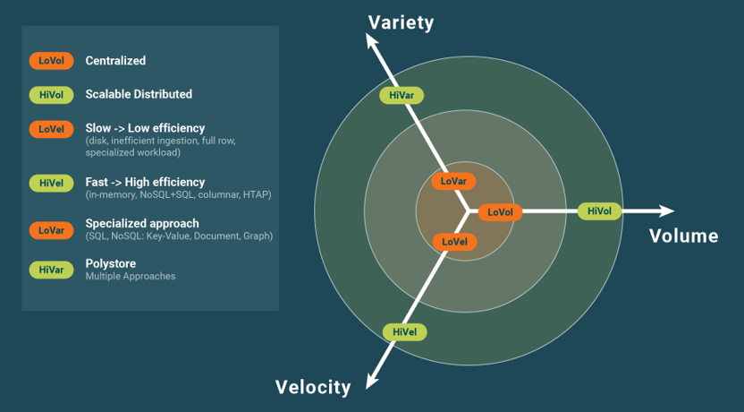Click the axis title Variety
click(401, 22)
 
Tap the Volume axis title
click(683, 236)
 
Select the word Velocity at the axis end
click(313, 387)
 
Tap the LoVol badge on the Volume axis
click(500, 212)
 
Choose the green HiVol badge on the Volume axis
click(599, 211)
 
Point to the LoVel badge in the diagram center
click(454, 242)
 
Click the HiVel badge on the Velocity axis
click(404, 331)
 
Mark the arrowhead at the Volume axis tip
click(666, 211)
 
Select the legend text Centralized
click(115, 61)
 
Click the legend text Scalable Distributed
click(139, 94)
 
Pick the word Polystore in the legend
click(110, 263)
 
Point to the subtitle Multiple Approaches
click(131, 277)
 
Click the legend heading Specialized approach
click(142, 223)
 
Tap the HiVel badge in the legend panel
click(51, 183)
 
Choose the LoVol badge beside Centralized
click(51, 61)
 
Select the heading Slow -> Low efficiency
click(145, 128)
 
